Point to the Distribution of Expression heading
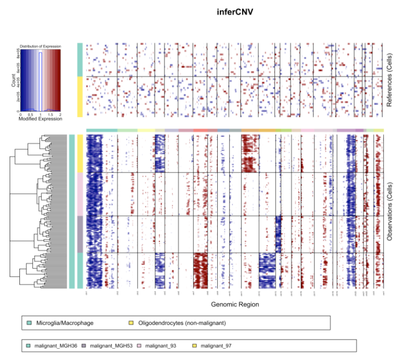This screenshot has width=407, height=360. point(40,46)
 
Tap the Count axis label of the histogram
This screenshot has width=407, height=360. point(13,81)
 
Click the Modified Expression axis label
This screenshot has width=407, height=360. point(40,119)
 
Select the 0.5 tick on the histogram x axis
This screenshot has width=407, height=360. point(31,114)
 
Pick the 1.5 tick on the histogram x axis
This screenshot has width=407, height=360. point(51,114)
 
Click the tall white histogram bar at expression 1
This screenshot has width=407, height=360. point(40,81)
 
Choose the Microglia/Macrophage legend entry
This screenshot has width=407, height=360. point(65,323)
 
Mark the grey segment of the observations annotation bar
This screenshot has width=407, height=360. point(80,234)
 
